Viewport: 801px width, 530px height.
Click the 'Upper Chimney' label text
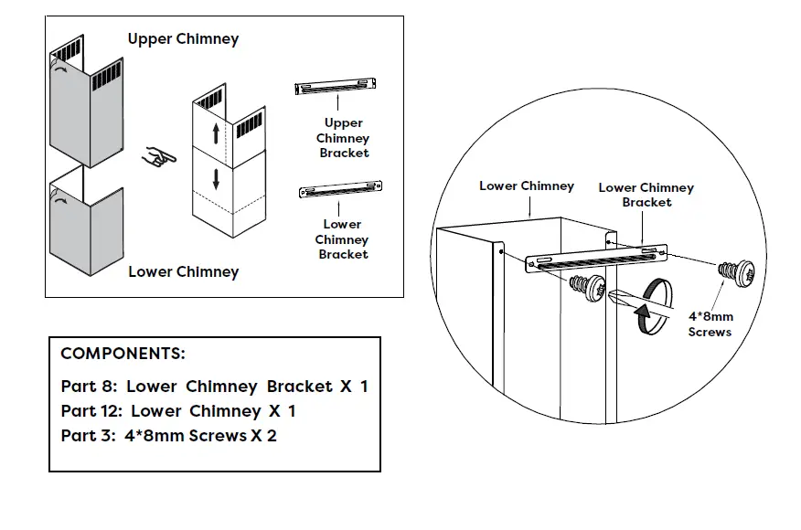[183, 39]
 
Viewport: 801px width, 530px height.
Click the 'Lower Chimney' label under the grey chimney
[183, 271]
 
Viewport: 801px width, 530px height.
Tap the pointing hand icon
[162, 156]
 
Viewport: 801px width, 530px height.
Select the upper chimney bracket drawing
[336, 87]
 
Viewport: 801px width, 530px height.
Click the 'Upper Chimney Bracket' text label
[344, 138]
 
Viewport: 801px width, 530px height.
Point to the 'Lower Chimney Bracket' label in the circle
[646, 195]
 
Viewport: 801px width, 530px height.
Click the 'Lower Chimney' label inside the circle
[527, 185]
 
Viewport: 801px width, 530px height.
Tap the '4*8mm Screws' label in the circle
[710, 323]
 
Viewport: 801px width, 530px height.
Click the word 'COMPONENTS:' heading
[123, 354]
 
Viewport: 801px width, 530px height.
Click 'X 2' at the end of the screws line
[264, 436]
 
